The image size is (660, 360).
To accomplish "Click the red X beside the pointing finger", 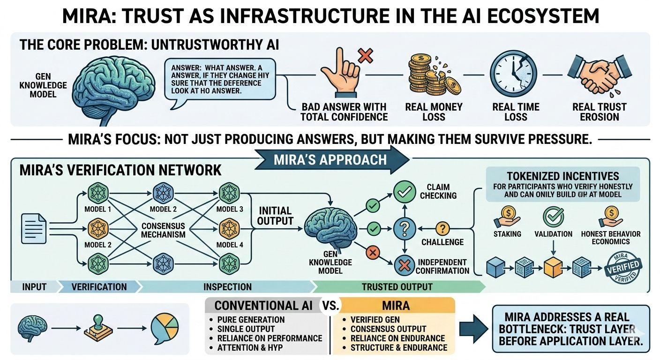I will pos(365,57).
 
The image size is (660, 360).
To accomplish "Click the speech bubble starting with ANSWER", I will pos(219,78).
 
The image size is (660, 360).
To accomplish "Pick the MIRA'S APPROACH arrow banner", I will pos(330,159).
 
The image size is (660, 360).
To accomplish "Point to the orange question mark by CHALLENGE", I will pos(442,229).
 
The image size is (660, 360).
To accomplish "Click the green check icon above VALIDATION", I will pos(553,217).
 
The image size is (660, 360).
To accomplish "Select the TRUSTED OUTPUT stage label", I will pos(397,286).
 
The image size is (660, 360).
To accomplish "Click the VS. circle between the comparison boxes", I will pos(330,306).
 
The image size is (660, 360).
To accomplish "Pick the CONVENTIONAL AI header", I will pos(262,306).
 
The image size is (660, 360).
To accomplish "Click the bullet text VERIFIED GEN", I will pos(375,320).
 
